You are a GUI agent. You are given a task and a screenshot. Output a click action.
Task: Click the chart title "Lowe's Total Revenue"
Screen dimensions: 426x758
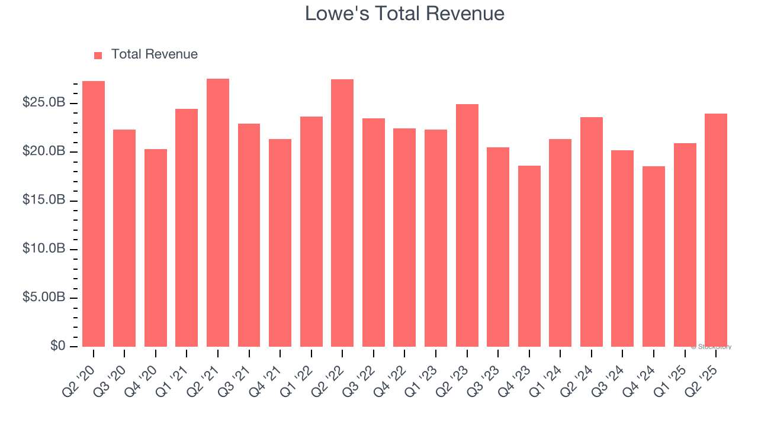coord(404,14)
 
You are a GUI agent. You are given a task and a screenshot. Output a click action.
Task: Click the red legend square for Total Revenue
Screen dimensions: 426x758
coord(98,55)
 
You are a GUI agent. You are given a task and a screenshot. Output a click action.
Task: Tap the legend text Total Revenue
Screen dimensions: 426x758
coord(154,54)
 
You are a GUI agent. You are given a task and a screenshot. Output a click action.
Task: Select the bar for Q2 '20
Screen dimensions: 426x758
coord(94,214)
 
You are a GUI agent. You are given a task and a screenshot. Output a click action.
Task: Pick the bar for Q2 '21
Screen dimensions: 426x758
coord(218,212)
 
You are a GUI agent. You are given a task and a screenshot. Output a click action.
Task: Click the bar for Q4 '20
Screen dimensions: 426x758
coord(156,248)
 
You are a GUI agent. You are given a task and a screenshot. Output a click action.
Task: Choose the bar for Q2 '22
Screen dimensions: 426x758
coord(342,213)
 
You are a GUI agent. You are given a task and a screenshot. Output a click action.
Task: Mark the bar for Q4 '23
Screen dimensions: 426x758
coord(529,256)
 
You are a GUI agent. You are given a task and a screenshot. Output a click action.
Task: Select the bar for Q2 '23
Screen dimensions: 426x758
coord(467,225)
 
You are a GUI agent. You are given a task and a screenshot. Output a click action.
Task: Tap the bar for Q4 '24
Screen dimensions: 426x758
coord(653,256)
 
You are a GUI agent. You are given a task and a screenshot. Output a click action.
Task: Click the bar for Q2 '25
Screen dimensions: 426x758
coord(715,230)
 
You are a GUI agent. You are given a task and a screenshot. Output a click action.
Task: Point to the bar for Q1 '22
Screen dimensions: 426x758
coord(311,231)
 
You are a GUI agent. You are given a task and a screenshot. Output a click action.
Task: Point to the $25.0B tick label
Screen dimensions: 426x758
coord(44,103)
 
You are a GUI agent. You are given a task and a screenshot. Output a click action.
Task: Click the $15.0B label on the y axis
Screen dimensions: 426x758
coord(44,200)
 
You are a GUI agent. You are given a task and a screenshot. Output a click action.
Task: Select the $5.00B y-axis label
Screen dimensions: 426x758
coord(44,297)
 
